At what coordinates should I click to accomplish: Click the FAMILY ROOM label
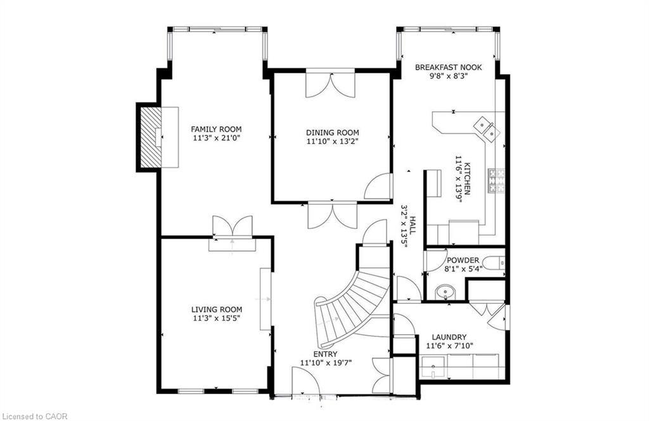point(216,129)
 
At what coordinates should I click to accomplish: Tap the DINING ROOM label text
point(328,132)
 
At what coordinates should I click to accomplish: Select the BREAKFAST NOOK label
point(448,67)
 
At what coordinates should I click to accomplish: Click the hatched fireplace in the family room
point(150,137)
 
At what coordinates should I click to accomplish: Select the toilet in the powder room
point(493,262)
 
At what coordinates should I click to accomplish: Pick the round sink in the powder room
point(446,292)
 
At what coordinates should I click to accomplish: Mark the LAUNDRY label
point(449,337)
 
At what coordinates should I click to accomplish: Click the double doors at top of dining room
point(330,85)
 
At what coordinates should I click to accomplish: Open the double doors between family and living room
point(232,227)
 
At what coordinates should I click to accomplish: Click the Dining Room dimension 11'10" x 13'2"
point(328,142)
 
